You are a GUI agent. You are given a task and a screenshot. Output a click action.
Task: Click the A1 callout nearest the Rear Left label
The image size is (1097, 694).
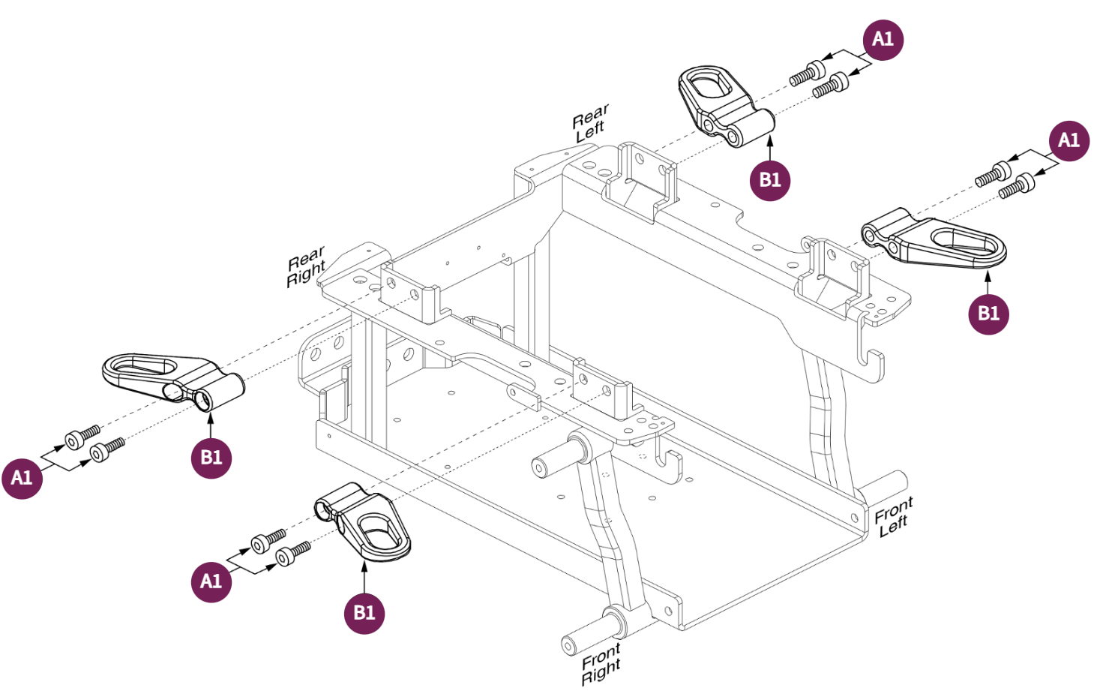pos(883,40)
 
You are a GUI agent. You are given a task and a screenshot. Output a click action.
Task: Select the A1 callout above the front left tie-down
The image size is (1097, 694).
pos(1068,140)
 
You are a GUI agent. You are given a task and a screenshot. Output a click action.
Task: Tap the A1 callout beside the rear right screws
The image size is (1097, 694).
pos(22,477)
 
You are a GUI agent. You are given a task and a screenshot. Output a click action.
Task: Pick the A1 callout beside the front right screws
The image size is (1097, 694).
pos(211,581)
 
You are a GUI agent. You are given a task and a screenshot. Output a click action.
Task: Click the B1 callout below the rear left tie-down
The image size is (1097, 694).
pos(770,180)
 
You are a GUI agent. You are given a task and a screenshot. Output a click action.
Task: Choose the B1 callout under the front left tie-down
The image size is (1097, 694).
pos(988,314)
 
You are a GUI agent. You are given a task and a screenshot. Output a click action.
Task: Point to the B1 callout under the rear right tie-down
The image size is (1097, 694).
pos(211,458)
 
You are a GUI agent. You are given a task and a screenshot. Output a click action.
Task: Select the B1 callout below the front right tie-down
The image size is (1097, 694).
pos(364,613)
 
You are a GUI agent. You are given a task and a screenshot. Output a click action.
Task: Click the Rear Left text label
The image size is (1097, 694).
pos(590,124)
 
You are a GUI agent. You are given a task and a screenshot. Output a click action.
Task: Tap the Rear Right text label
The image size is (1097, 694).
pos(306,266)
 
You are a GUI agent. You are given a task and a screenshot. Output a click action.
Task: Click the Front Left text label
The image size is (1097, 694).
pos(893,518)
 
